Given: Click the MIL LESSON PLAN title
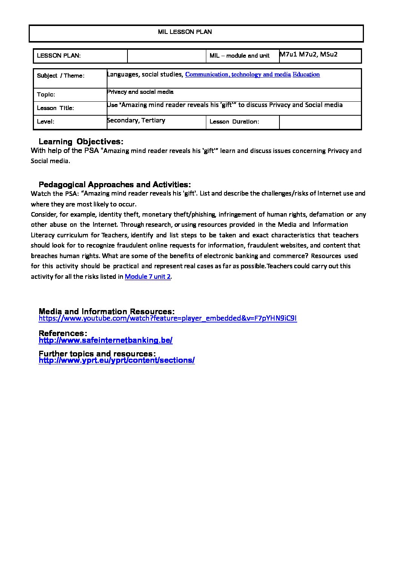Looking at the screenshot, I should click(x=185, y=32).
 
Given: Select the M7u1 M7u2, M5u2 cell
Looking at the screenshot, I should click(x=308, y=54).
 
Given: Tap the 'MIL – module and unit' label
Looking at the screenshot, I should click(x=239, y=56).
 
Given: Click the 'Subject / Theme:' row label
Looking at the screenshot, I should click(x=61, y=76).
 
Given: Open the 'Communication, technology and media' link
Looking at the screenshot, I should click(x=238, y=75).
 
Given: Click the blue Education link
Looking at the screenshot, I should click(x=306, y=75).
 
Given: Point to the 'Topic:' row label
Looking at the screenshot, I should click(x=46, y=95).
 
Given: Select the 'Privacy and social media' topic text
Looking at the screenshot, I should click(x=140, y=92).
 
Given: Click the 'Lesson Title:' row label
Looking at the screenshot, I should click(x=55, y=108).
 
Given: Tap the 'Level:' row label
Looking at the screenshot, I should click(x=46, y=122).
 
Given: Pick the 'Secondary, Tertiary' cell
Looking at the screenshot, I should click(x=136, y=121).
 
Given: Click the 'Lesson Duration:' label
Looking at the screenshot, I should click(x=234, y=122).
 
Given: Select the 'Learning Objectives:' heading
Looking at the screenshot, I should click(x=81, y=142).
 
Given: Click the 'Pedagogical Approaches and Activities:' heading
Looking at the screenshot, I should click(x=115, y=185).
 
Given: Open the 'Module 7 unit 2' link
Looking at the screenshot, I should click(x=148, y=277).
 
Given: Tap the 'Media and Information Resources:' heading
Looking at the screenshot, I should click(x=107, y=312).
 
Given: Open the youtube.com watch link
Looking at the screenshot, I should click(x=168, y=318).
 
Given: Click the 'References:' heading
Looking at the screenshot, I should click(x=63, y=333).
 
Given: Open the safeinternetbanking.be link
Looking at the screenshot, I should click(x=106, y=340).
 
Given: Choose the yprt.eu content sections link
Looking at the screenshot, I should click(x=117, y=360).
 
